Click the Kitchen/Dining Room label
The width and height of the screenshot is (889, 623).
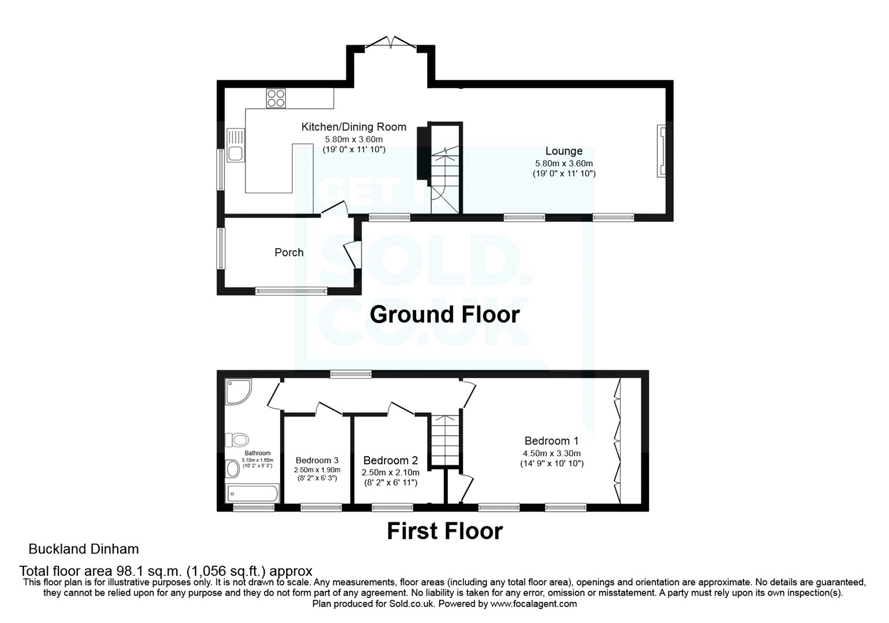[353, 127]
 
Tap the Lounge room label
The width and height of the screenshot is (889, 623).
[563, 151]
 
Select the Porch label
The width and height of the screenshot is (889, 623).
[289, 253]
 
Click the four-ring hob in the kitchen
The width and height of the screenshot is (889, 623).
[276, 98]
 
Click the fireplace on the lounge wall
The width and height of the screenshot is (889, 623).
[661, 151]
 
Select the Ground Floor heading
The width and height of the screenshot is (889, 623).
[444, 315]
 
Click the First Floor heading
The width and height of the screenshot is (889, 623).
[444, 531]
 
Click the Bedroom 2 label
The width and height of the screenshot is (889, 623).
[390, 461]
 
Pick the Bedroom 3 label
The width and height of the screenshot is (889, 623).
[317, 461]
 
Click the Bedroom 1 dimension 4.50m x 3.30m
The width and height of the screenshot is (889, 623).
[551, 453]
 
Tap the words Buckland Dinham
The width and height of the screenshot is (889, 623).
[83, 550]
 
